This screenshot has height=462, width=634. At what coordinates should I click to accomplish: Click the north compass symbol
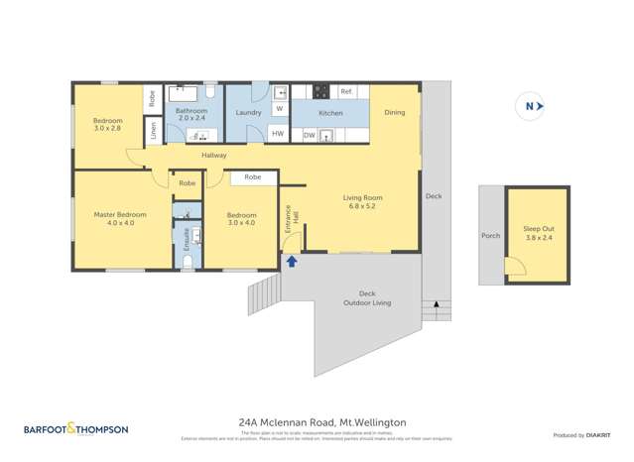pos(530,106)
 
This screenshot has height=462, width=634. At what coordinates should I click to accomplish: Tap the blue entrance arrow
pos(292,262)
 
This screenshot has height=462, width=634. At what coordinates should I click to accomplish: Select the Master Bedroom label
pos(120,219)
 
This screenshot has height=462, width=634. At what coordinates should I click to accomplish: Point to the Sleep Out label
pos(540,234)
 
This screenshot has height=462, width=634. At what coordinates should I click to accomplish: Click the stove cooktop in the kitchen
pos(321,92)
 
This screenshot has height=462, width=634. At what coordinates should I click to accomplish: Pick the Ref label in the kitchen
pos(346,92)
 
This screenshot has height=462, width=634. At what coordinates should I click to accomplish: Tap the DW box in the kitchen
pos(310,134)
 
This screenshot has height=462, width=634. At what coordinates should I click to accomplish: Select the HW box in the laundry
pos(278,134)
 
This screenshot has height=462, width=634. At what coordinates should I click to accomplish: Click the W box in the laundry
pos(279,108)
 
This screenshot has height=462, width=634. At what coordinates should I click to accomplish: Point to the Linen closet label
pos(153,130)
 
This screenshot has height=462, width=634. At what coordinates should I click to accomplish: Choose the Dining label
pos(394,113)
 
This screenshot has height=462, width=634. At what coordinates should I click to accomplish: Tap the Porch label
pos(490,236)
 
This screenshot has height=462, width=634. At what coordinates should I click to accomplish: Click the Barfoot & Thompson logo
pos(75,429)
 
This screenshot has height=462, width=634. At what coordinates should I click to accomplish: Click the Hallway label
pos(213,155)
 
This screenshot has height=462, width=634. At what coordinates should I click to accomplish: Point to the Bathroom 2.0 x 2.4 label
pos(195,116)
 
